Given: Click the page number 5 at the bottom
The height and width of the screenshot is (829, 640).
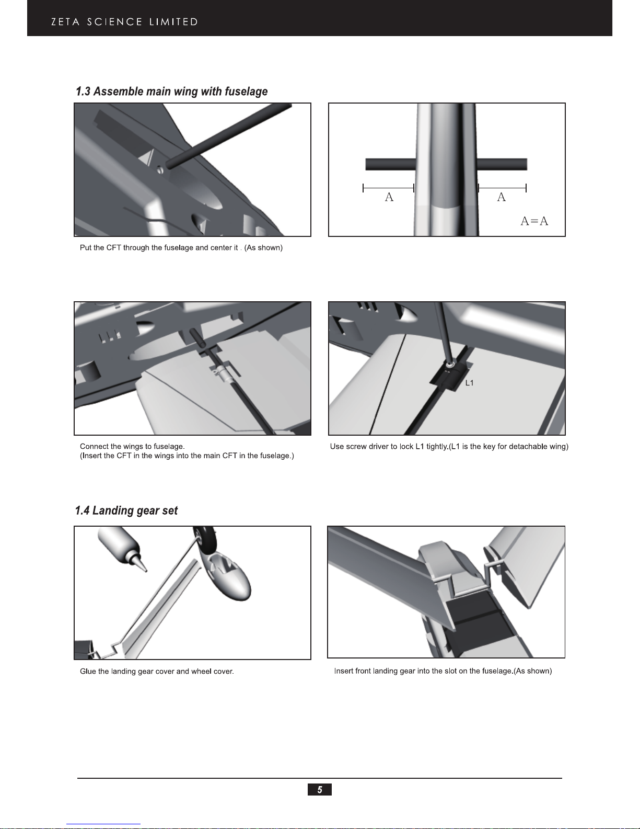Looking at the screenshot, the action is (x=320, y=789).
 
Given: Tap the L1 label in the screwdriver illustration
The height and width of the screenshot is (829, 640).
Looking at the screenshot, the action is (x=469, y=383).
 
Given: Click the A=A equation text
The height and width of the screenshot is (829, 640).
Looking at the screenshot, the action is (x=534, y=221).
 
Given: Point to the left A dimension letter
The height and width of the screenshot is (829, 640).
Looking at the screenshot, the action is (x=389, y=197).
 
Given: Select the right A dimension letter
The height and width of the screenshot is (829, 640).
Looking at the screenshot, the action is (x=502, y=197).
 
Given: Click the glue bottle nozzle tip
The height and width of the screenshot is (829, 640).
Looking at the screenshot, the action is (x=146, y=571).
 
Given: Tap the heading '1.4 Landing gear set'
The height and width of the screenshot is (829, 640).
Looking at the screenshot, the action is (x=126, y=510).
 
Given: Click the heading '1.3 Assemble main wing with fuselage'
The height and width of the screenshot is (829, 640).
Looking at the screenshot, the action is (x=171, y=91).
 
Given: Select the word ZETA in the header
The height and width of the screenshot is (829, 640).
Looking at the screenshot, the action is (x=65, y=22).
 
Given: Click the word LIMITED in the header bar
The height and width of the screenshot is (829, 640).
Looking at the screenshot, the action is (x=173, y=22).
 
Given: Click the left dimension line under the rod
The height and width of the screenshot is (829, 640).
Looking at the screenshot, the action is (x=388, y=188).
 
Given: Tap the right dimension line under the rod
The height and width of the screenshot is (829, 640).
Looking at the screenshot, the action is (x=502, y=188).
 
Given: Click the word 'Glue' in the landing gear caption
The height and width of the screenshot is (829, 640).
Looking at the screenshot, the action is (x=88, y=671).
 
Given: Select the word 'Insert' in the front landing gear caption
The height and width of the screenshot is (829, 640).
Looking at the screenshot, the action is (x=344, y=671).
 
